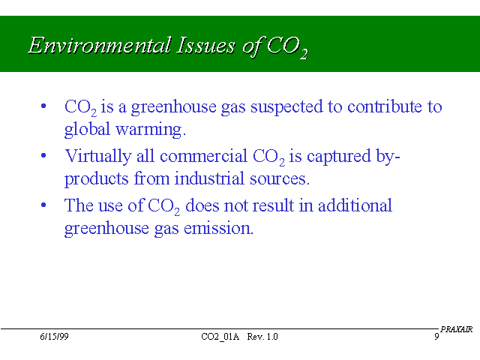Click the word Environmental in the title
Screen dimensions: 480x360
click(x=100, y=45)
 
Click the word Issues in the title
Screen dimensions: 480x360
click(x=205, y=45)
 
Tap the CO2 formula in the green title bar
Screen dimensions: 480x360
click(x=287, y=47)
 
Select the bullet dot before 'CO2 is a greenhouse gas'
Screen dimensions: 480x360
click(x=43, y=106)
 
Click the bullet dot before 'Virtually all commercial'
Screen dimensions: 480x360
click(x=43, y=155)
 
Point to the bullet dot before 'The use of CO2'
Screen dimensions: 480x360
click(x=43, y=205)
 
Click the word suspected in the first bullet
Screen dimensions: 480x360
click(x=286, y=108)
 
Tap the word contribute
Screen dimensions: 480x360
click(x=385, y=106)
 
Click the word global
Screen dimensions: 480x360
click(x=87, y=129)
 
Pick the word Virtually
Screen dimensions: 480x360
click(x=98, y=157)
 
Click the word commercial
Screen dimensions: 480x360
click(x=203, y=156)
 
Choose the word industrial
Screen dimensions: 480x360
click(x=209, y=178)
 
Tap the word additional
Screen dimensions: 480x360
click(x=355, y=205)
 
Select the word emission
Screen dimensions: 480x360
click(x=218, y=228)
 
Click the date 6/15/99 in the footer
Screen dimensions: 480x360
click(x=54, y=337)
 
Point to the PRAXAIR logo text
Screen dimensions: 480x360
click(x=457, y=329)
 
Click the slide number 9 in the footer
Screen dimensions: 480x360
click(x=436, y=337)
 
